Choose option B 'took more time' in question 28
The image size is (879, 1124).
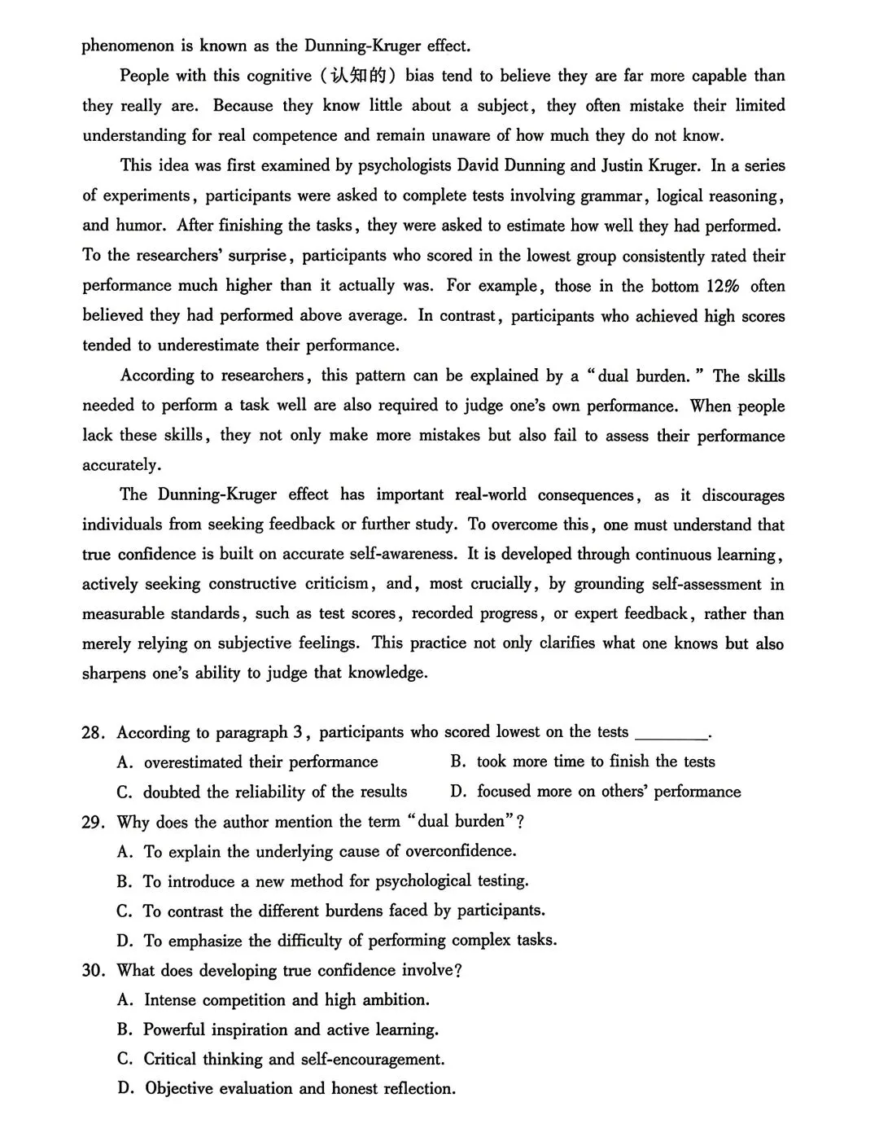coord(583,762)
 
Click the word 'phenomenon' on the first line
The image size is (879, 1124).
coord(128,46)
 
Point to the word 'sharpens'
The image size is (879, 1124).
coord(114,674)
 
